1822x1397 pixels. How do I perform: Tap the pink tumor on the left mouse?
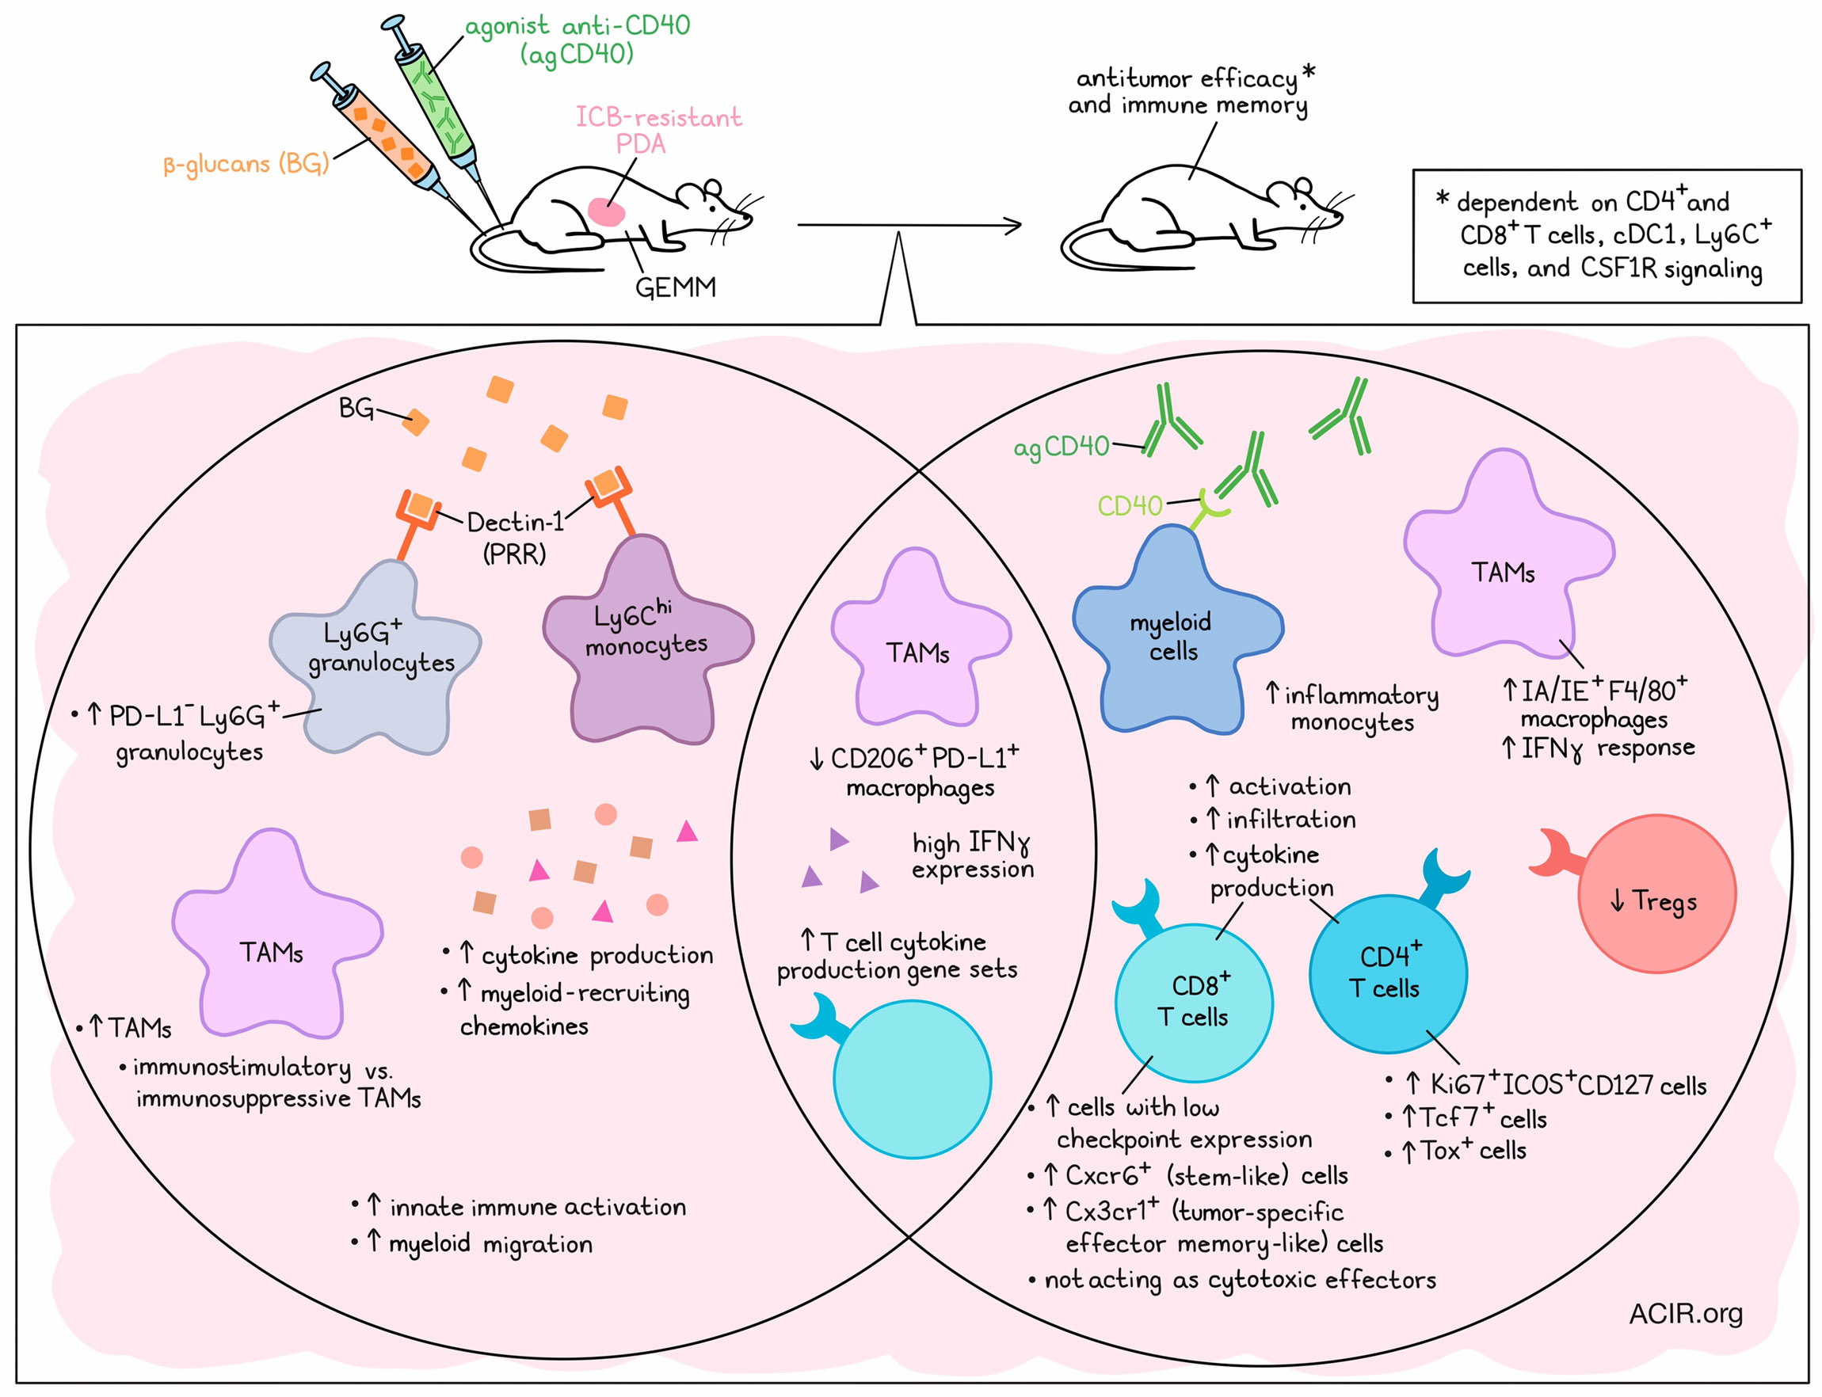[606, 212]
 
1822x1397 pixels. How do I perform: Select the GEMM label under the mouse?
[675, 287]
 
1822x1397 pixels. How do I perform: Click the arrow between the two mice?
[909, 225]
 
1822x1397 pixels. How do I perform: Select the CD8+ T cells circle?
[1193, 1002]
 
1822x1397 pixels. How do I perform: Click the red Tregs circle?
[1656, 893]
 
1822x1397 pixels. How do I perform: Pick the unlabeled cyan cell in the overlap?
[912, 1079]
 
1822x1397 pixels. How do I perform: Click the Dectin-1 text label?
[515, 522]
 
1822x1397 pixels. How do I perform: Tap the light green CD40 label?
[1130, 505]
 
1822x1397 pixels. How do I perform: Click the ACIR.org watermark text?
[1685, 1313]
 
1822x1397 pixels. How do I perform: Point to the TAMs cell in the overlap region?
[921, 636]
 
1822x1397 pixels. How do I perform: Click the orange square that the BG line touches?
[415, 422]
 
